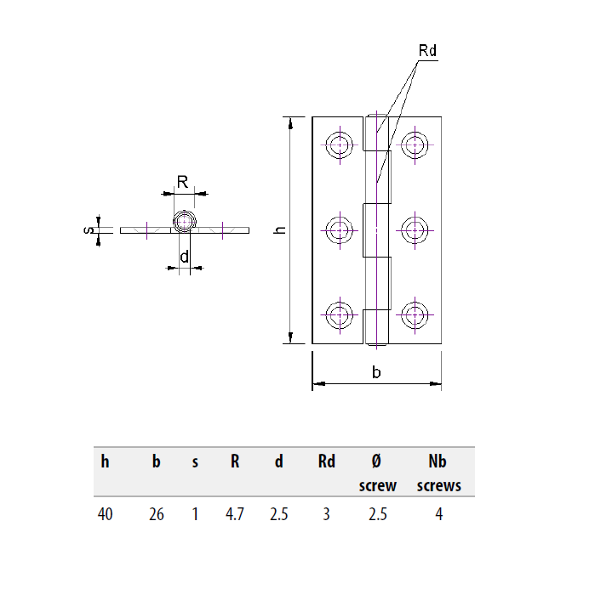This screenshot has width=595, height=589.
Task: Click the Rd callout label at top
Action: (427, 51)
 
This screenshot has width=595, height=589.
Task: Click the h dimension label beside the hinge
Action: (280, 230)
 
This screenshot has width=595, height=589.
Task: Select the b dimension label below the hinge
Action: (377, 371)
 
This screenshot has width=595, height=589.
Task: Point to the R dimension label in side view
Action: (182, 180)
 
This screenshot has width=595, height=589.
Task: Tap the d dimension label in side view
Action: (184, 258)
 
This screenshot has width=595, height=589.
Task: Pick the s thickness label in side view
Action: (89, 229)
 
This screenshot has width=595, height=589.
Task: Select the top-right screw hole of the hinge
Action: (415, 144)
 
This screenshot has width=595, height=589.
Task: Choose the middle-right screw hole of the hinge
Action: (415, 229)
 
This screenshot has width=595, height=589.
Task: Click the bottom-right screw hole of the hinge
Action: (415, 314)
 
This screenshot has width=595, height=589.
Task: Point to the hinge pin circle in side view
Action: (184, 224)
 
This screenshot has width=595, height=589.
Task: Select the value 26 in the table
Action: (156, 514)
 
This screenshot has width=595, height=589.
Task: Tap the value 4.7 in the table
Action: (234, 514)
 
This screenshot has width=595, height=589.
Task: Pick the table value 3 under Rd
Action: (327, 514)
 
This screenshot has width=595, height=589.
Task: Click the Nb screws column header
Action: (438, 473)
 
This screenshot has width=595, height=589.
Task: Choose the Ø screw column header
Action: (377, 473)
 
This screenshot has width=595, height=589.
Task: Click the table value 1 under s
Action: (195, 514)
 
